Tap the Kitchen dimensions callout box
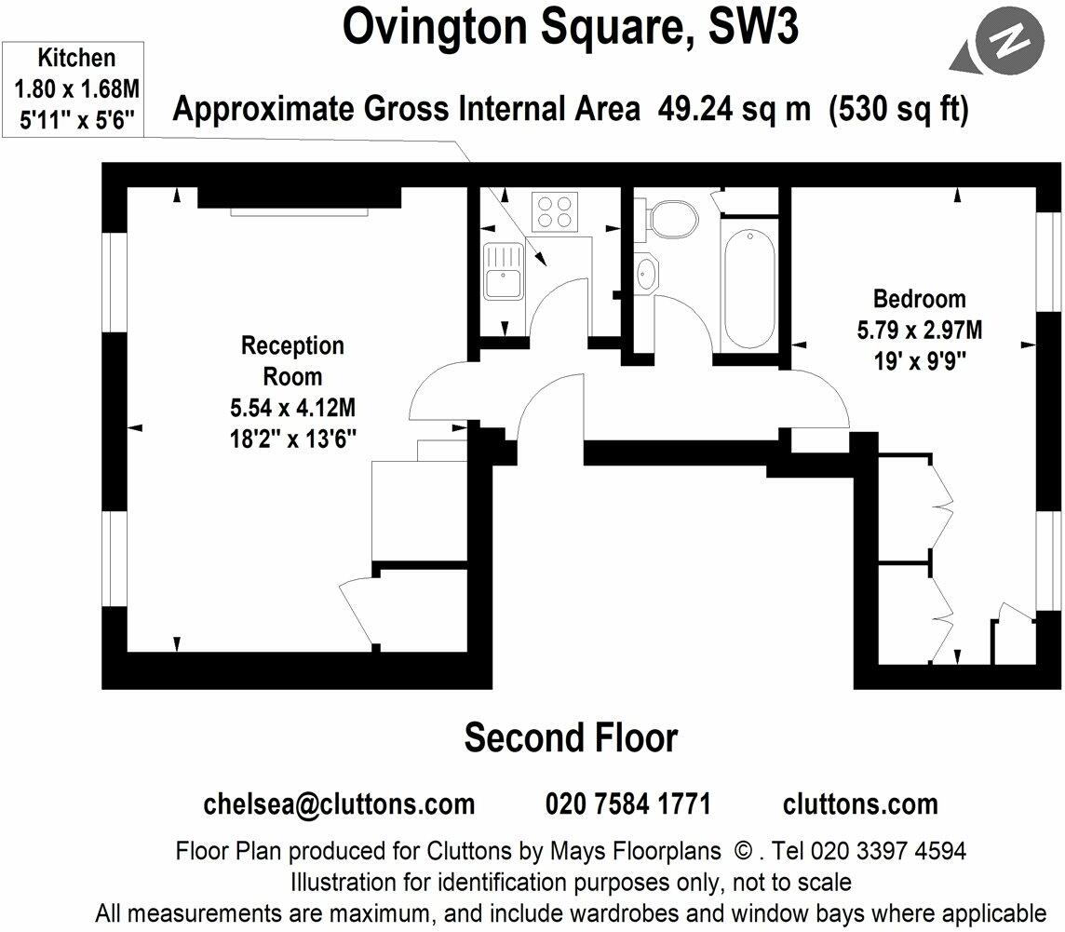click(76, 88)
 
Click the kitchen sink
click(504, 269)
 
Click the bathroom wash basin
click(646, 273)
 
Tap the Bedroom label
click(919, 299)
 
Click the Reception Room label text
click(292, 361)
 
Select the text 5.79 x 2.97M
click(920, 330)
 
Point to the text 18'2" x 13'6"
click(293, 438)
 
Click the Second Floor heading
click(571, 737)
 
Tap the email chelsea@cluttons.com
click(339, 804)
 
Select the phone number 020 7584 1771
click(627, 804)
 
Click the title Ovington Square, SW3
click(570, 28)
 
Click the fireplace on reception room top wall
click(300, 198)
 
